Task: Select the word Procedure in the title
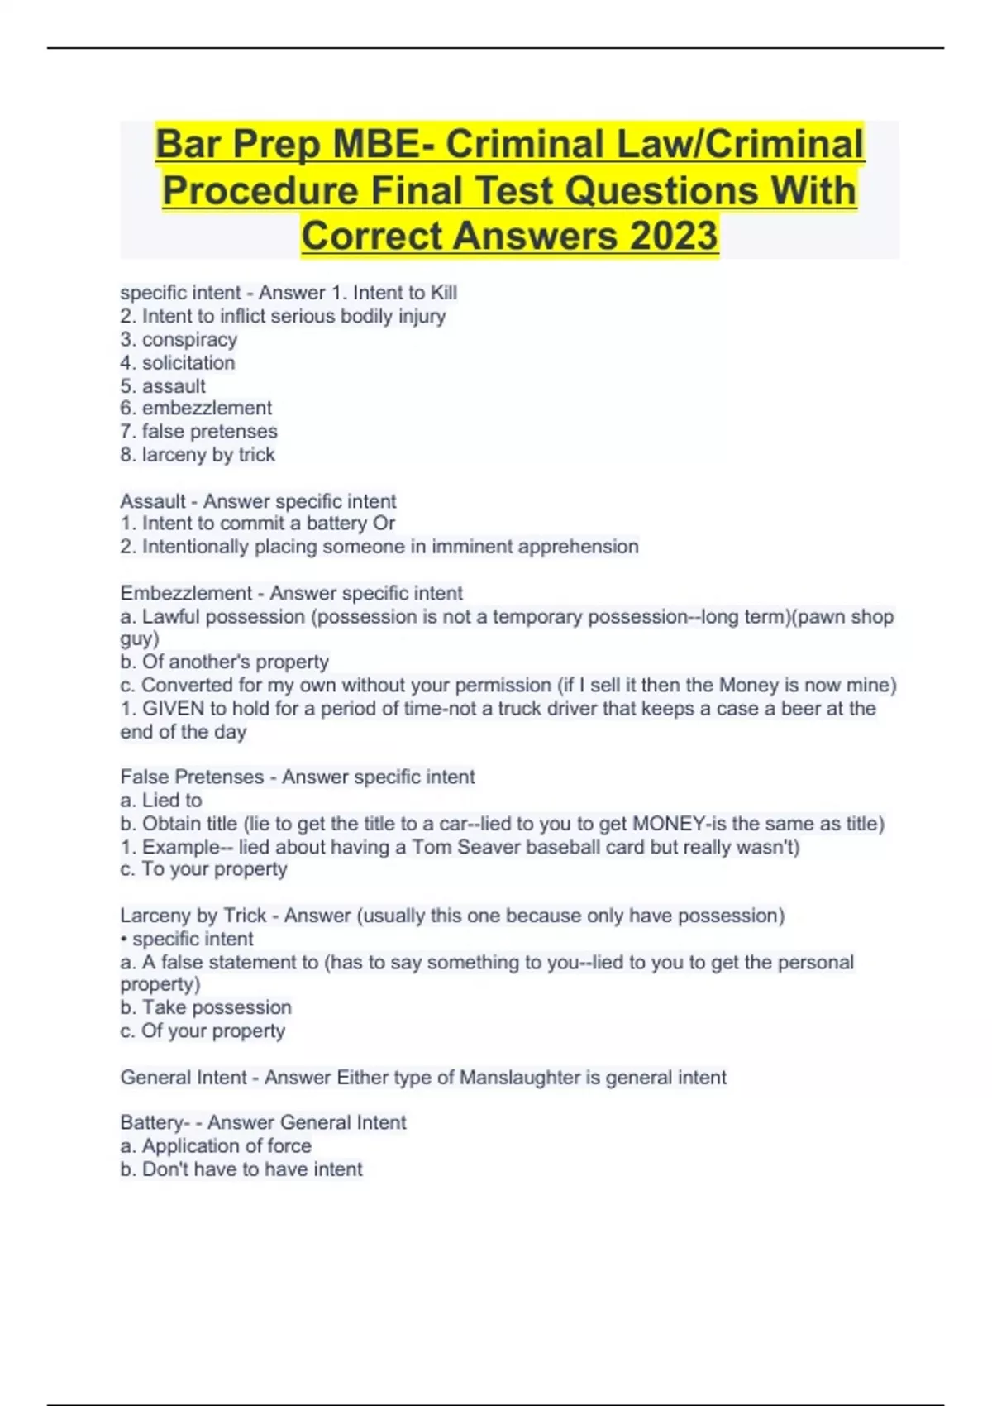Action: pos(261,191)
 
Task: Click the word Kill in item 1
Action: pos(443,293)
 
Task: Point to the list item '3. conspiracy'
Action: pos(179,340)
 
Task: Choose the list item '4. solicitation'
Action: pos(178,363)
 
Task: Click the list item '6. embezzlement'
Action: pos(196,409)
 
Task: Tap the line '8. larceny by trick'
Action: pos(198,455)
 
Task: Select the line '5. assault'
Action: pos(163,386)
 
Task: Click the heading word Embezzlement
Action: pos(186,594)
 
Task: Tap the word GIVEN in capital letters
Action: pos(174,709)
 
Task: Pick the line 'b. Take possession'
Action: pos(206,1008)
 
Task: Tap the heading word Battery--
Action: pos(156,1123)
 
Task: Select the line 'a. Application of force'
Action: pos(216,1146)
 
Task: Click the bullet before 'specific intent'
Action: pos(124,940)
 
